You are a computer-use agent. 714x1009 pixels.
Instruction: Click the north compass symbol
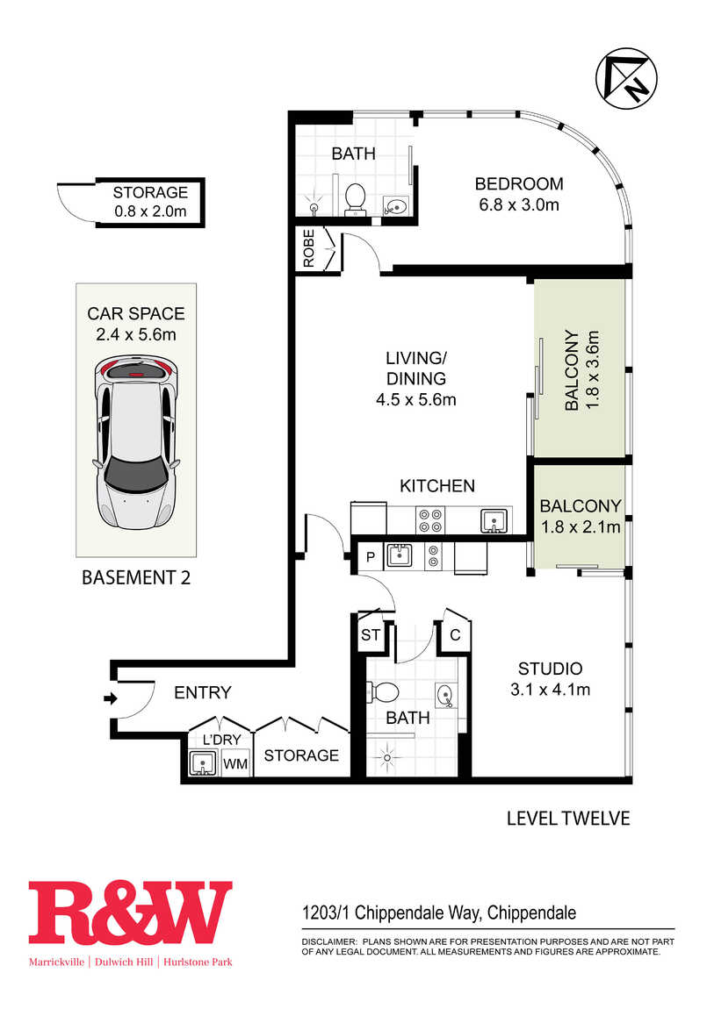click(x=626, y=78)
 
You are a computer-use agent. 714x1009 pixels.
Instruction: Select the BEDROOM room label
click(x=519, y=184)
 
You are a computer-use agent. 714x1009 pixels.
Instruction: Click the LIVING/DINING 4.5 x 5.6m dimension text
click(x=416, y=399)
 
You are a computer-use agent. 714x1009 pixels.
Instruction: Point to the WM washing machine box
click(x=235, y=764)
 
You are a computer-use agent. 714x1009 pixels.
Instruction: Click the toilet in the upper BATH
click(x=355, y=199)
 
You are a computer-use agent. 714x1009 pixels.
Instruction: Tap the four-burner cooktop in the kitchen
click(x=430, y=520)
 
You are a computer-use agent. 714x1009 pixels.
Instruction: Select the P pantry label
click(x=371, y=556)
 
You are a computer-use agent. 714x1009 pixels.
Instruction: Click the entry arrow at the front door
click(x=111, y=698)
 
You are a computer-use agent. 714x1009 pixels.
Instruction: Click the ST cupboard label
click(x=371, y=635)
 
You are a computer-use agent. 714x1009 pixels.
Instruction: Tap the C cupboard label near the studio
click(x=455, y=635)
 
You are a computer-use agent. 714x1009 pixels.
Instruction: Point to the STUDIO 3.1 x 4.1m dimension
click(x=550, y=690)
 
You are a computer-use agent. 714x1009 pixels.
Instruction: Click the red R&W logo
click(x=130, y=912)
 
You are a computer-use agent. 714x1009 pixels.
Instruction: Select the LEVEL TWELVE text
click(x=568, y=819)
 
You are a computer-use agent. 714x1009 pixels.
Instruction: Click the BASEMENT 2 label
click(x=136, y=578)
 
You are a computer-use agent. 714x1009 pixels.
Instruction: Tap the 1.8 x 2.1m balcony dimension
click(x=581, y=527)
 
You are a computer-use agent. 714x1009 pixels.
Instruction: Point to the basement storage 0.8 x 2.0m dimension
click(x=151, y=211)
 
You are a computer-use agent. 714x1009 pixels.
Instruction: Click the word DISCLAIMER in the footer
click(x=328, y=942)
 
